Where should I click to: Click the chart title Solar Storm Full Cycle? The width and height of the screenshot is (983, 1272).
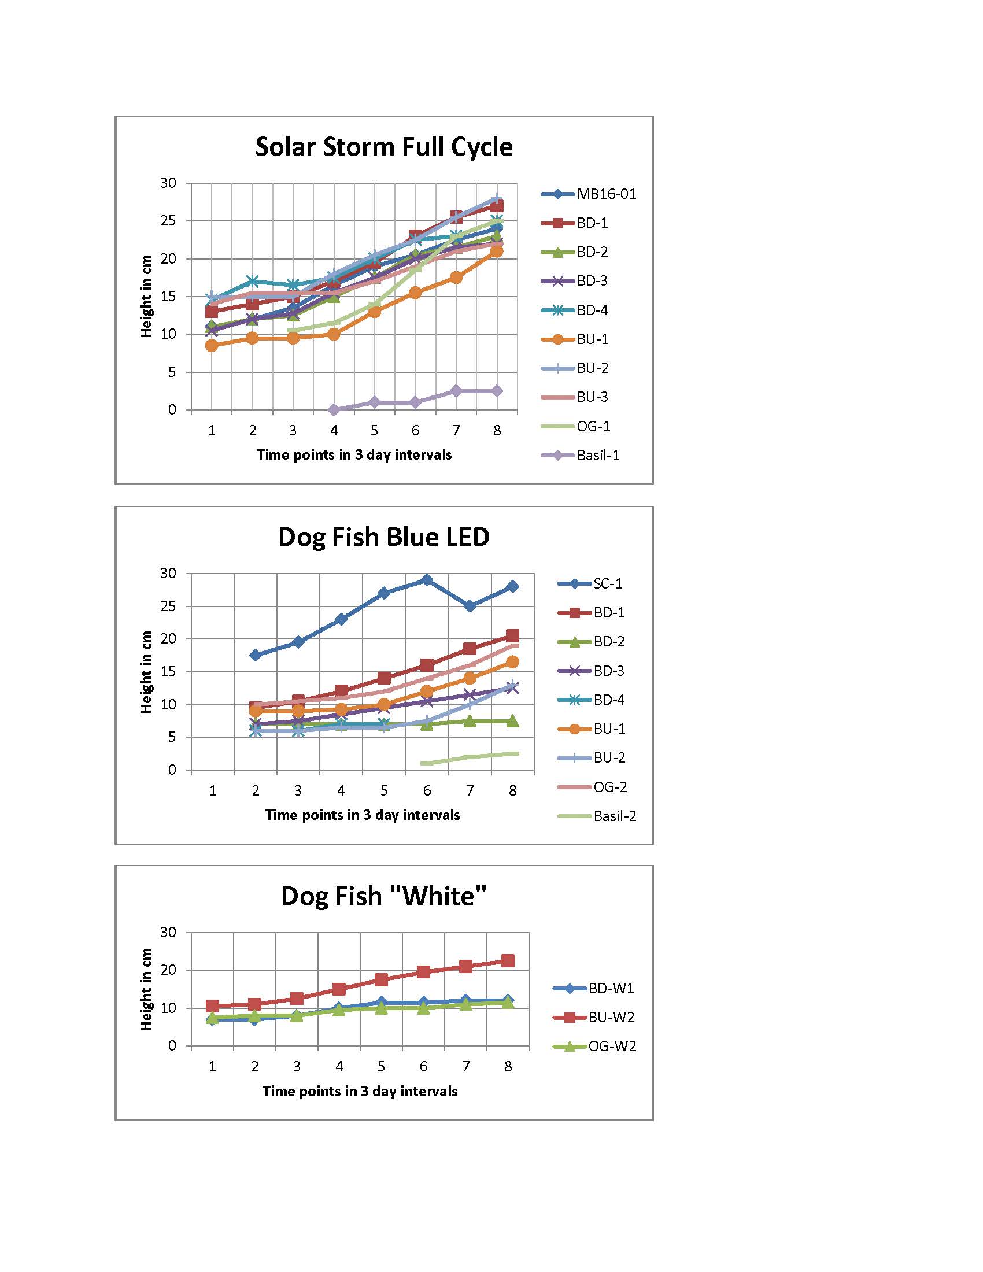[384, 147]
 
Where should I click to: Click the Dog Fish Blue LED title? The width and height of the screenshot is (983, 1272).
[384, 537]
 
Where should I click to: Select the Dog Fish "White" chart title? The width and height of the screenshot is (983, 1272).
[384, 896]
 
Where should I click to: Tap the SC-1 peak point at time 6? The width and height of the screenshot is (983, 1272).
[427, 580]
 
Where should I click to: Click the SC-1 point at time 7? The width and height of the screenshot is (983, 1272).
[470, 607]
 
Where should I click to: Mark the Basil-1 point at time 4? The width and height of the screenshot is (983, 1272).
[334, 410]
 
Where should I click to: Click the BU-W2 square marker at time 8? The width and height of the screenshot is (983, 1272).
[508, 960]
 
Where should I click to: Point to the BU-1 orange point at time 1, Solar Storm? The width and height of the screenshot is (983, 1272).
[212, 345]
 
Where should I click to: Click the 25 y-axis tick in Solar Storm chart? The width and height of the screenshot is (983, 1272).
[168, 221]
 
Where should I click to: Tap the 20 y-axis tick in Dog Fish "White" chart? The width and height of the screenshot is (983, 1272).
[168, 970]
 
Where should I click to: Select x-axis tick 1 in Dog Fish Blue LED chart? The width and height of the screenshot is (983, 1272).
[213, 790]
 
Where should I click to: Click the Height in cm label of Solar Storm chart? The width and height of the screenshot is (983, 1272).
[146, 296]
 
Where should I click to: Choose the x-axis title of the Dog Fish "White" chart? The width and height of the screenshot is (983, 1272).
[360, 1091]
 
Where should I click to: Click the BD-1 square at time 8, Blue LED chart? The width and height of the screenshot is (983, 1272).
[512, 635]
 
